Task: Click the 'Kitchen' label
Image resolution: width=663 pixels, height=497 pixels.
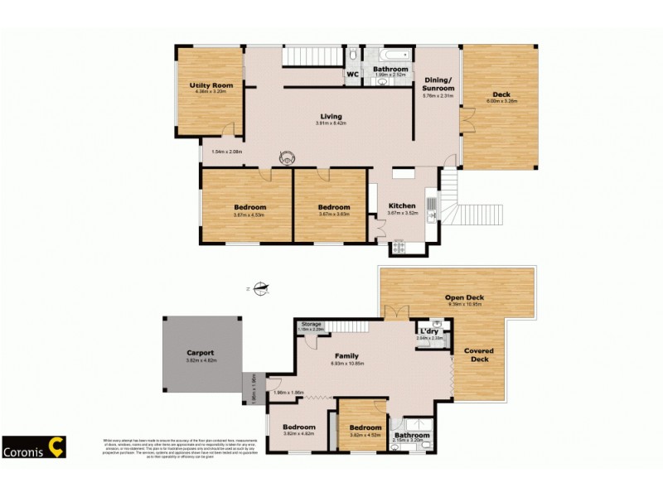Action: click(x=402, y=205)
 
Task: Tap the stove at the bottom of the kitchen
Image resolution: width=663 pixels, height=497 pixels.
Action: click(x=399, y=246)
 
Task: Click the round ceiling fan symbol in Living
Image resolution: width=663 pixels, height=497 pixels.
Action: click(x=287, y=156)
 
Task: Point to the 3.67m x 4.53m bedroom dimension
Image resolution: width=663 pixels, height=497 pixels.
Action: click(x=249, y=215)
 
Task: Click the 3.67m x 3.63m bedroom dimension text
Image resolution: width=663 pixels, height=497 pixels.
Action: click(x=333, y=215)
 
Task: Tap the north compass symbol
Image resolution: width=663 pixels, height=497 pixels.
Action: click(x=261, y=288)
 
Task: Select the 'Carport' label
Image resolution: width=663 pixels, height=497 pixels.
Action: click(x=200, y=354)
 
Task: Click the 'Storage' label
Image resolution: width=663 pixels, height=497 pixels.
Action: click(x=311, y=324)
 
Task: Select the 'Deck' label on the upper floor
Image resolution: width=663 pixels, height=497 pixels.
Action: click(x=501, y=94)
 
